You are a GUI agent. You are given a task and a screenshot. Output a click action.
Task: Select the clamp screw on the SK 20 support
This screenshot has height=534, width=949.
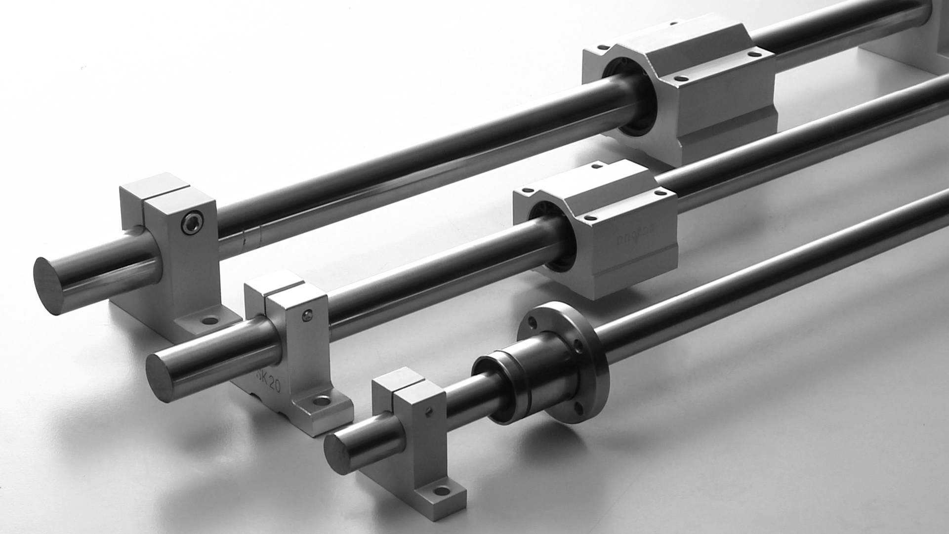point(307,315)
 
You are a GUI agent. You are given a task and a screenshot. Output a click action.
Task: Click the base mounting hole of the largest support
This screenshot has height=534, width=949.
point(210,320)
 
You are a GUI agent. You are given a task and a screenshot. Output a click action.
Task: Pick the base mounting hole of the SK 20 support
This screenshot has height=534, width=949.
point(322,400)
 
